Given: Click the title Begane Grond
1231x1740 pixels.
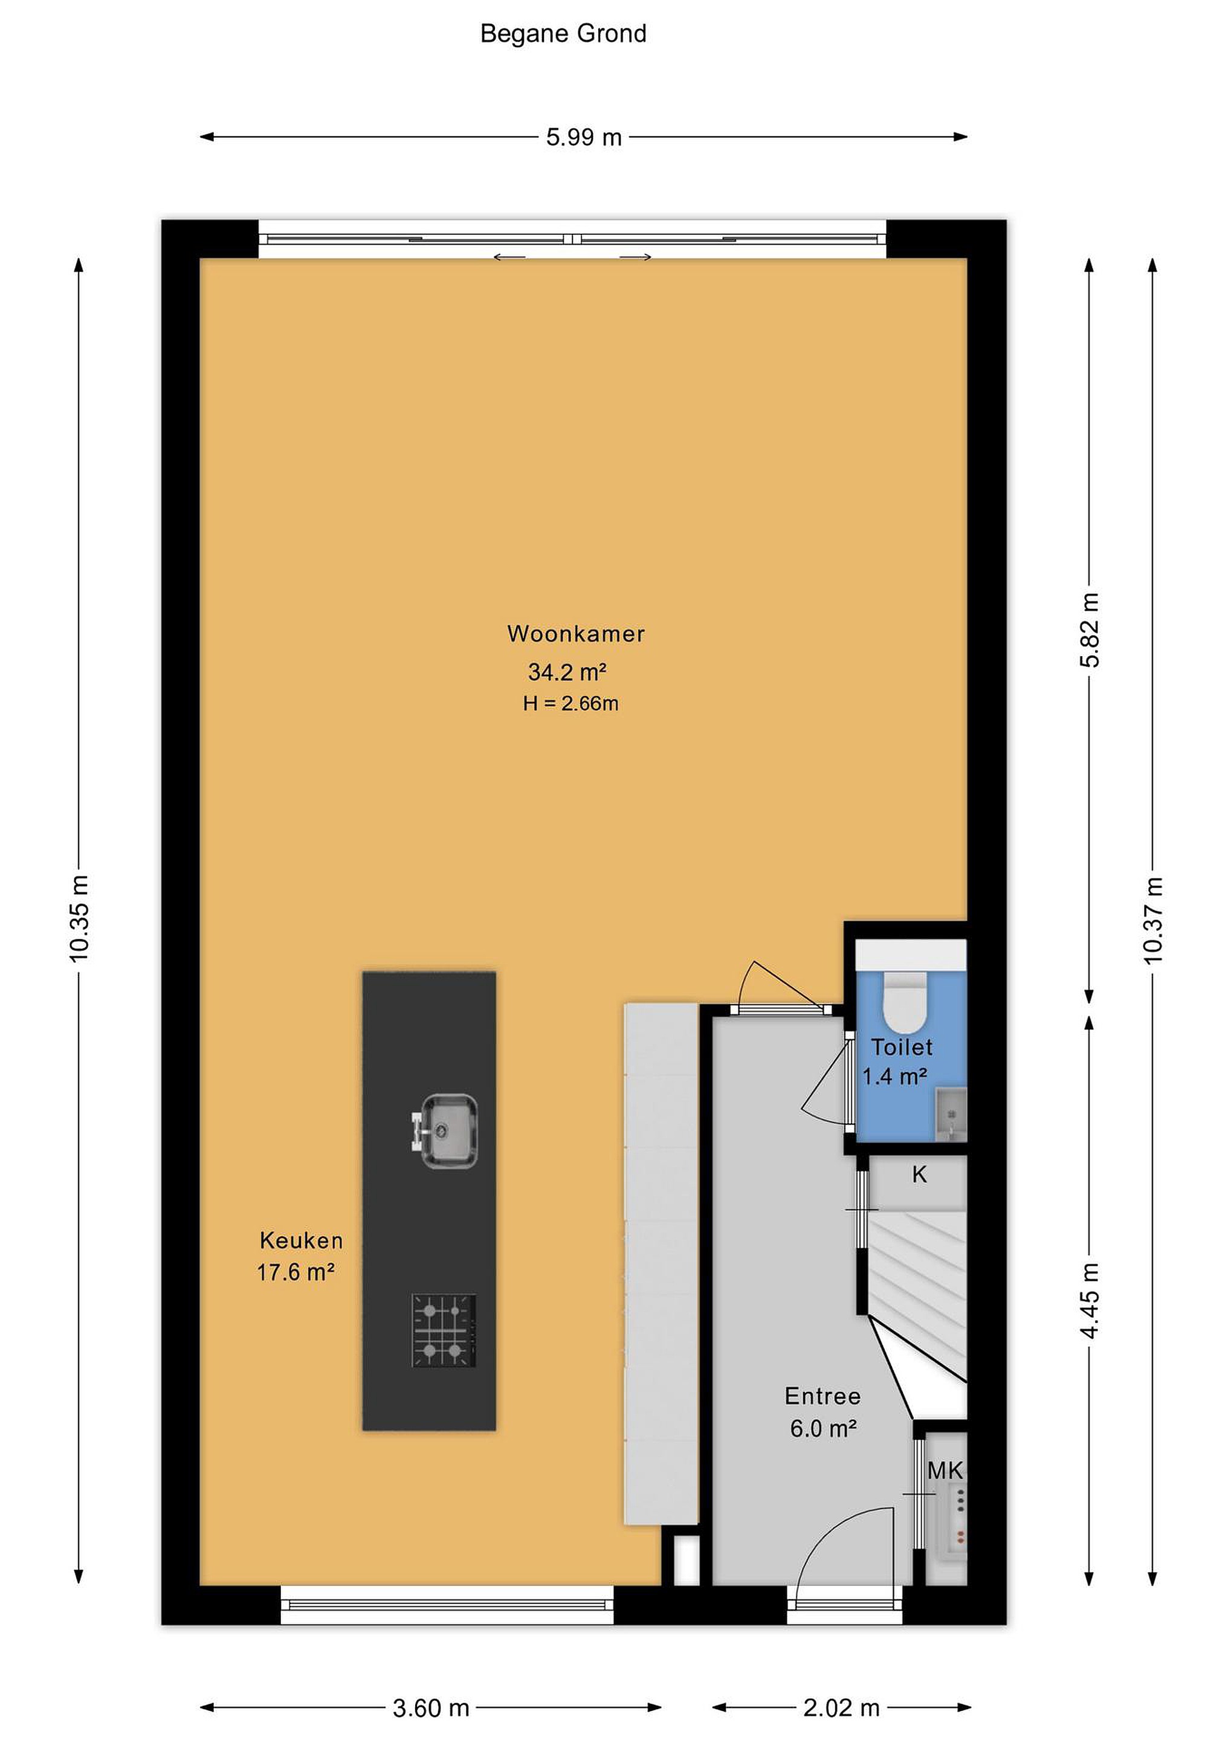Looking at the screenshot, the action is (563, 34).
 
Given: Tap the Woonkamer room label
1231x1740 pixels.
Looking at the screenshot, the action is (576, 634).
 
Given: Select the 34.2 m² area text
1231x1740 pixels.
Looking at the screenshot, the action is (567, 671).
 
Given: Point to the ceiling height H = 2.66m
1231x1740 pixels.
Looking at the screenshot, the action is (570, 703).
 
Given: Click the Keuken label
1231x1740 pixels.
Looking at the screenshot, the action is (301, 1240).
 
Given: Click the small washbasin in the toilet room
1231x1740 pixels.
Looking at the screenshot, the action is (951, 1114).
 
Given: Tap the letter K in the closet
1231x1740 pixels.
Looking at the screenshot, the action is (919, 1174).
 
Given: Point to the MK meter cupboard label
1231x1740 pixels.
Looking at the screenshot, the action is (945, 1471).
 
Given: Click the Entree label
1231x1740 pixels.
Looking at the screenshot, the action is (822, 1396).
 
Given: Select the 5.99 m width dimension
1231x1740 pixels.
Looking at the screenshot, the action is (584, 137).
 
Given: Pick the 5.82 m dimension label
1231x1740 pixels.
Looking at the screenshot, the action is (1089, 631).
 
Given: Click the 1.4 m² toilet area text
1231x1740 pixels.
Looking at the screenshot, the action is (895, 1076).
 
